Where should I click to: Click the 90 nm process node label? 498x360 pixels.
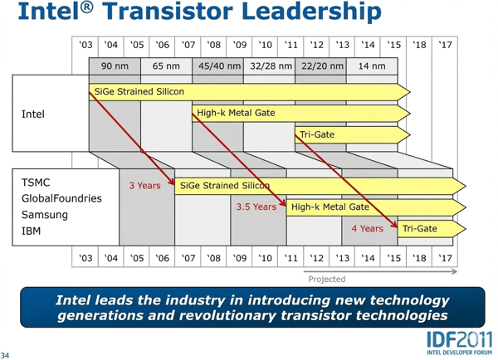(x=115, y=66)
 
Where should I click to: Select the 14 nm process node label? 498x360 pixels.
(x=371, y=66)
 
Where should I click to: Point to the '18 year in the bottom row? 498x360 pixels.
(x=420, y=259)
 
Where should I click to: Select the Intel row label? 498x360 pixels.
(x=33, y=114)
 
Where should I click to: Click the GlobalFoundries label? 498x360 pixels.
(x=61, y=199)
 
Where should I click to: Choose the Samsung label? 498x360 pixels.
(x=44, y=215)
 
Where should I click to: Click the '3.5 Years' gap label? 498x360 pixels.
(x=256, y=207)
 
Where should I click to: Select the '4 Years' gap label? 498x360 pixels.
(x=367, y=228)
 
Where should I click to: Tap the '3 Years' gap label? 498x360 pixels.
(x=144, y=185)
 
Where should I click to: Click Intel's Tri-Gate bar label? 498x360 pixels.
(x=317, y=134)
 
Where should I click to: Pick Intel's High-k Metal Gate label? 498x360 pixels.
(x=236, y=112)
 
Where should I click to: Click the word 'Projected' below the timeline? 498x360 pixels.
(x=326, y=279)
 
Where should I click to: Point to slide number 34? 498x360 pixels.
(x=7, y=352)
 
